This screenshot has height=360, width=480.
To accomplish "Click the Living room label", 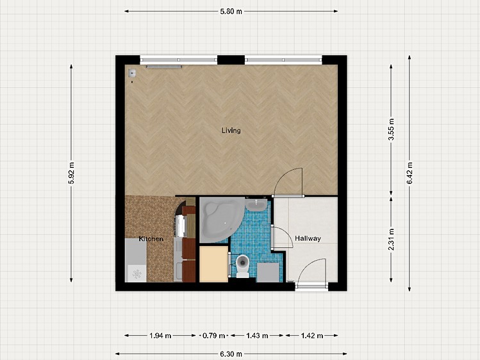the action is pos(231,131).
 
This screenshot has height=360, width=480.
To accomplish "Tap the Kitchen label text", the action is pos(151,239).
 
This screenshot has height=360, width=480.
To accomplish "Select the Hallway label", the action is pos(308,238).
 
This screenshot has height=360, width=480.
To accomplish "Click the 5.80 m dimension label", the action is pos(231,12).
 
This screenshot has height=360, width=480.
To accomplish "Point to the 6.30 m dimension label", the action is pos(231,354).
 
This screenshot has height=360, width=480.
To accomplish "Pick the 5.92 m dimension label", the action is pos(71,173).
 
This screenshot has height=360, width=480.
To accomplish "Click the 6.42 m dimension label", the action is pos(410,173).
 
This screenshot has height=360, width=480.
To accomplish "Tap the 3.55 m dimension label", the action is pos(391,129).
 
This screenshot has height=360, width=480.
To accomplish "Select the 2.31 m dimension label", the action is pos(391,239).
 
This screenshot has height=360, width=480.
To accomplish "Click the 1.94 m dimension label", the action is pos(160,336).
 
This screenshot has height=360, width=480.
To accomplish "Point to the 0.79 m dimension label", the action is pos(213,336).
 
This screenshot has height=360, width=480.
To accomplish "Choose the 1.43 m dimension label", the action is pos(257,336).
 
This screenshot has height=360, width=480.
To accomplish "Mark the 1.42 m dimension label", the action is pos(312,336).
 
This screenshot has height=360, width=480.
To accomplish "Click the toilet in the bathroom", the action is pos(243,265).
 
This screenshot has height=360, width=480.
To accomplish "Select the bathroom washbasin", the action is pos(256,204).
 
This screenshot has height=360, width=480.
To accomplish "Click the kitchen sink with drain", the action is pos(136,260).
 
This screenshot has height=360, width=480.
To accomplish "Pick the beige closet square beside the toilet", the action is pos(213,264).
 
